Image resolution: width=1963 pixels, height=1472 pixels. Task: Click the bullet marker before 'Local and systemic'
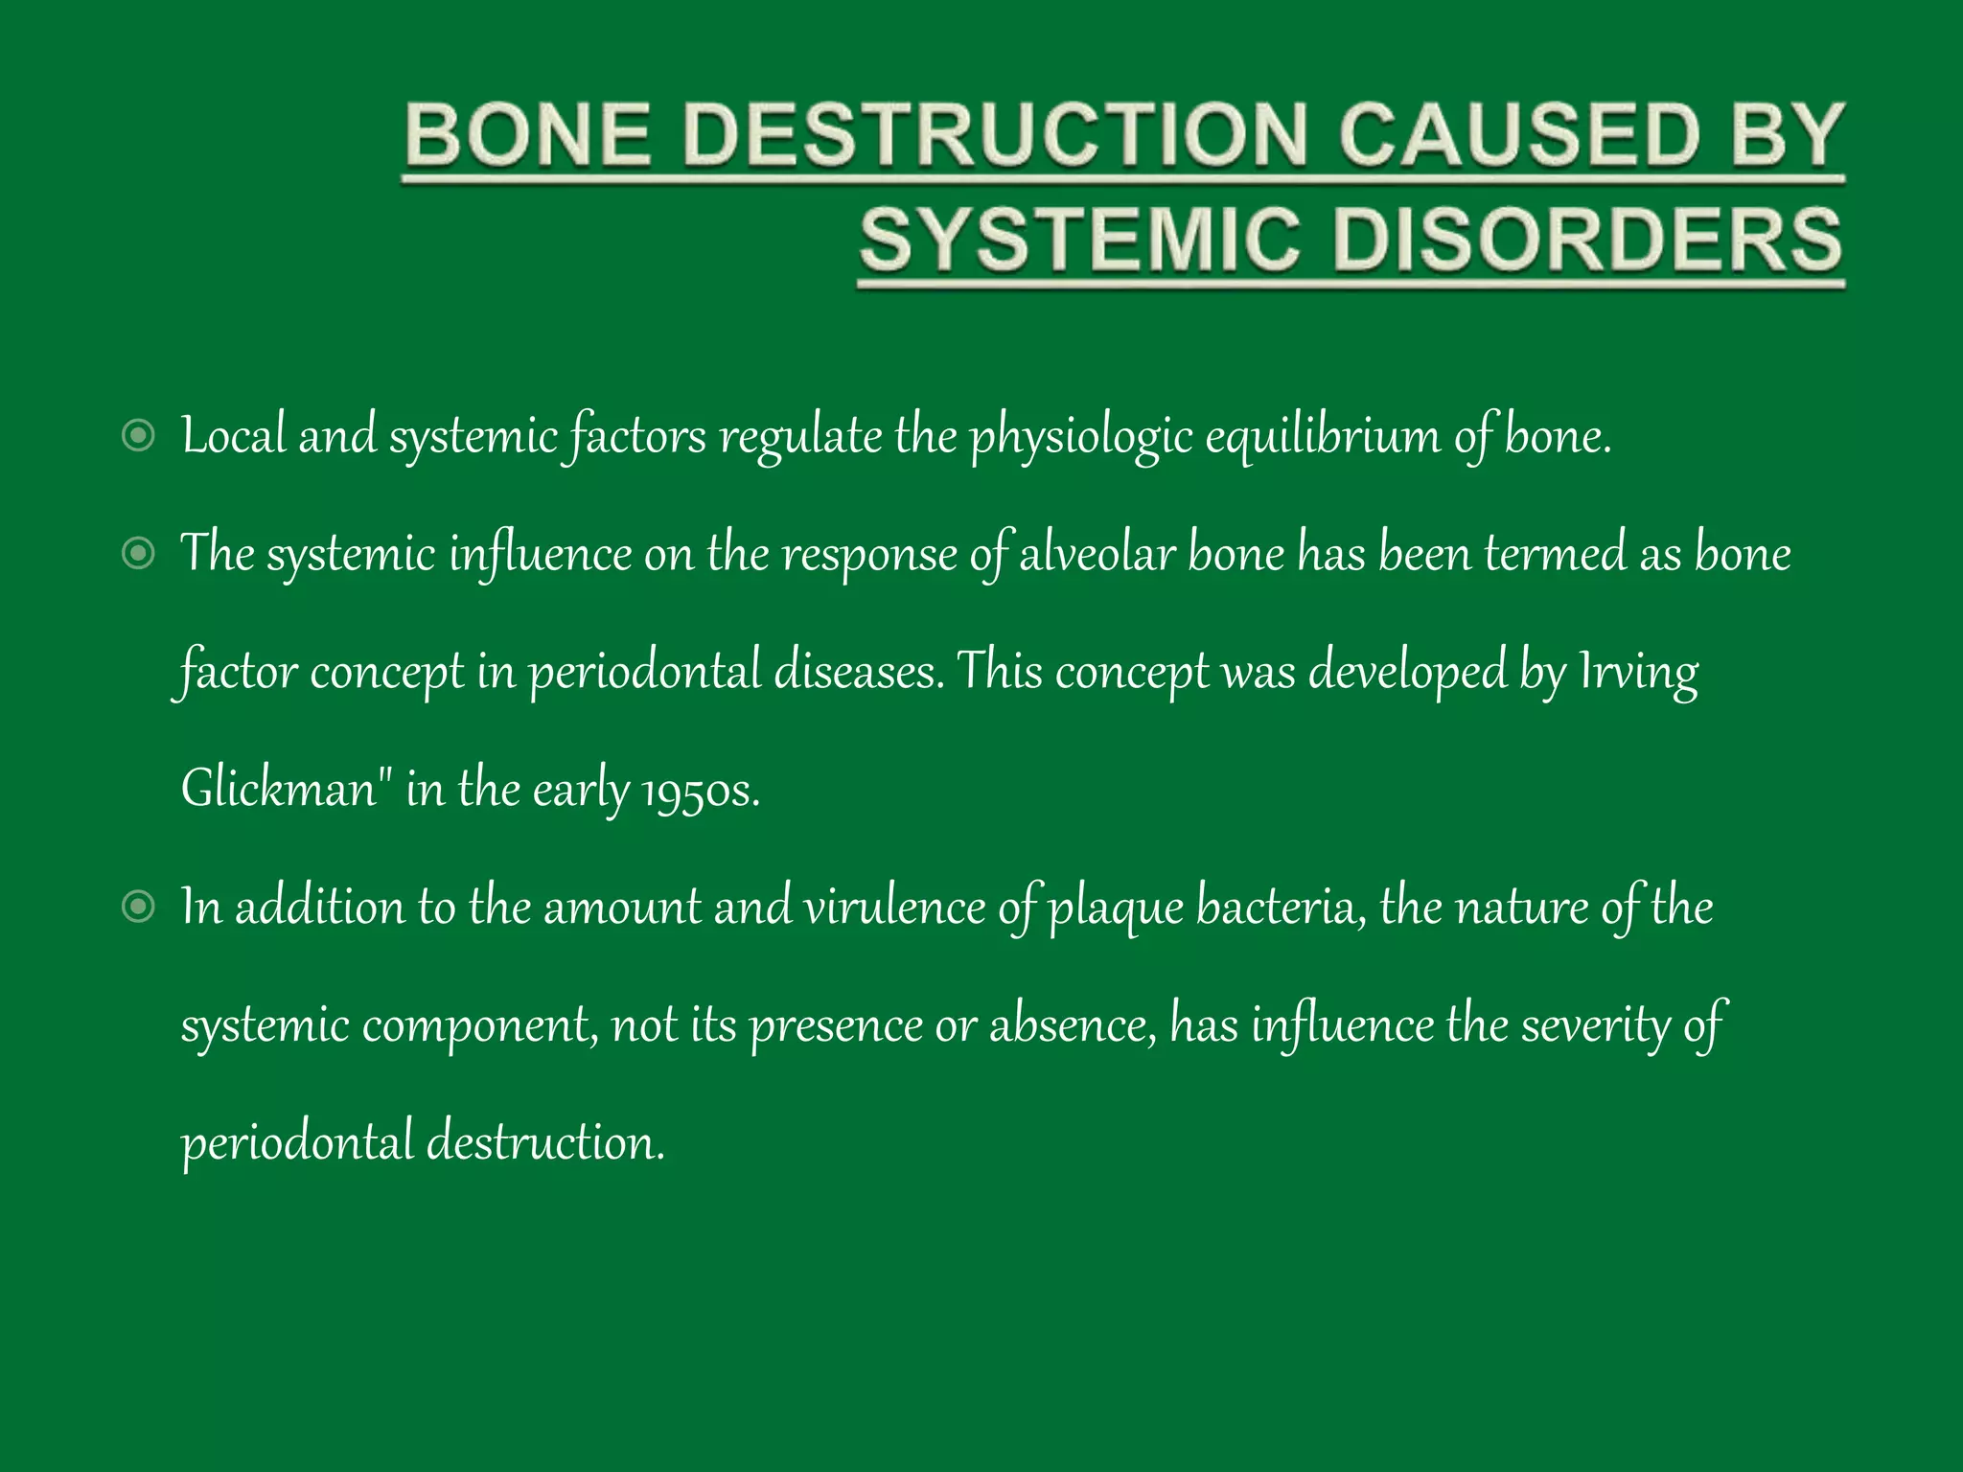pos(139,436)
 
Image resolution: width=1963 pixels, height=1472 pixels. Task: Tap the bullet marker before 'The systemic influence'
pos(139,554)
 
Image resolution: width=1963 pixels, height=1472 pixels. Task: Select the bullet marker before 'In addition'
pos(139,907)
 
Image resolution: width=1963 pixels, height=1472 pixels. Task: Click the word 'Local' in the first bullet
pos(234,436)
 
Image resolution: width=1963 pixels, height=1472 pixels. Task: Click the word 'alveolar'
pos(1097,554)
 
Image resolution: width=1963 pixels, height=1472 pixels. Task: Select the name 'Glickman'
pos(279,789)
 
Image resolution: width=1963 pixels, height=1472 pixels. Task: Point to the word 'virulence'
pos(894,907)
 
